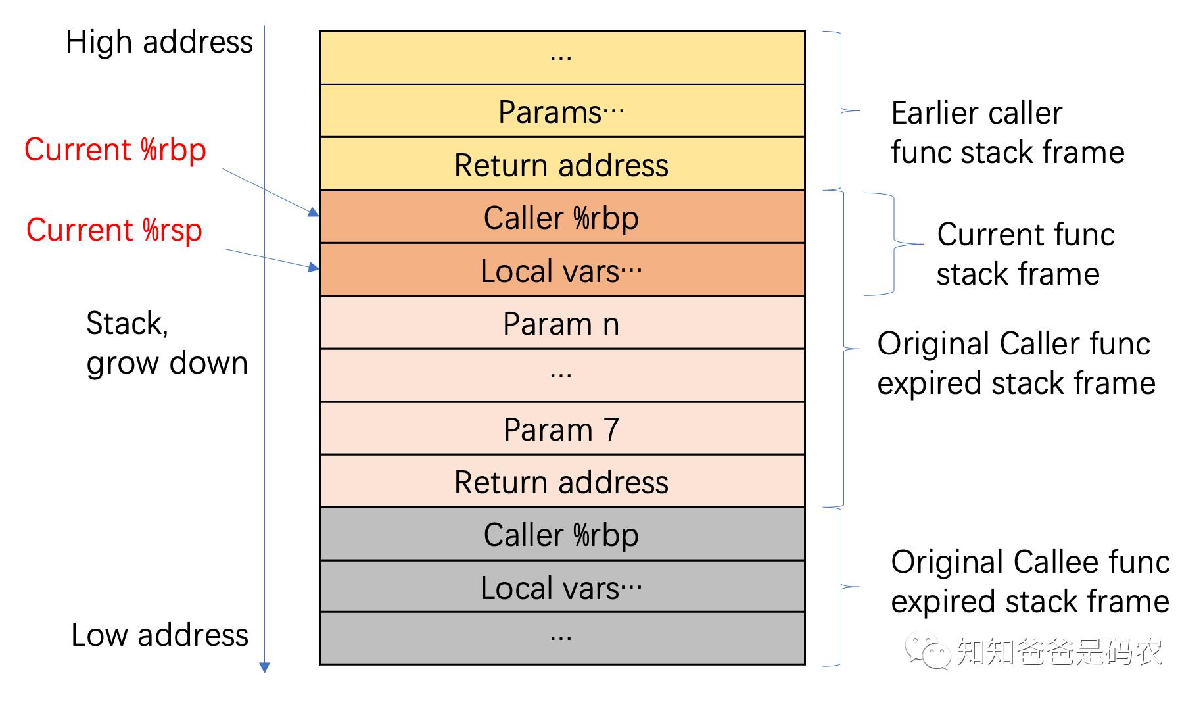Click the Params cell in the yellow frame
(561, 111)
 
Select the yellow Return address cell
(561, 164)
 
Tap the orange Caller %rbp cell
(561, 218)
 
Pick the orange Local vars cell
(561, 270)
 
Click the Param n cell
(561, 323)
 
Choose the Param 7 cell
(561, 429)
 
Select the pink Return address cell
(561, 481)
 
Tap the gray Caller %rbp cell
(561, 534)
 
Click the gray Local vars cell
(561, 587)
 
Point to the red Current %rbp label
(115, 150)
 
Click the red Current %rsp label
(114, 230)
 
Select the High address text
(159, 42)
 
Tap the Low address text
(159, 635)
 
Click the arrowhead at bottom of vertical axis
(265, 668)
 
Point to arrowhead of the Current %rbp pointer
(314, 212)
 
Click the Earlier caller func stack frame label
(1007, 132)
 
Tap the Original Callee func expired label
(1029, 581)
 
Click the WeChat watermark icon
(928, 650)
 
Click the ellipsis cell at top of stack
(561, 58)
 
